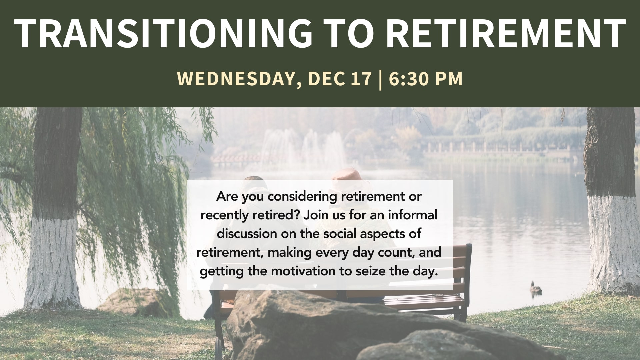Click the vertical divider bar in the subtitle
click(380, 79)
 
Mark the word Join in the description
click(316, 215)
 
